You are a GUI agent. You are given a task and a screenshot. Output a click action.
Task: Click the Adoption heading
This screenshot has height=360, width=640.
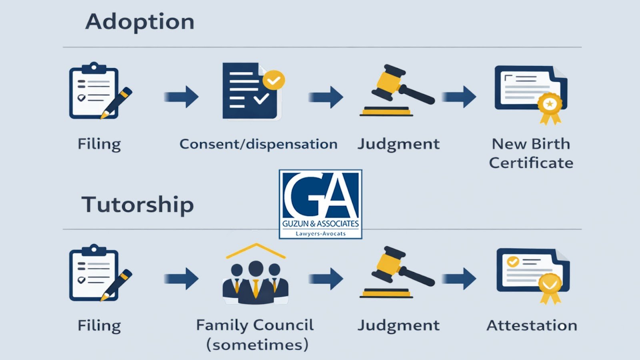pyautogui.click(x=140, y=22)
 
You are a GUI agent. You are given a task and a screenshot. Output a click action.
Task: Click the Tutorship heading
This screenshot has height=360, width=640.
pyautogui.click(x=138, y=205)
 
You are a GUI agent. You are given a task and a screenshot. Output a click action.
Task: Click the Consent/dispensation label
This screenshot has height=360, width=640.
pyautogui.click(x=258, y=144)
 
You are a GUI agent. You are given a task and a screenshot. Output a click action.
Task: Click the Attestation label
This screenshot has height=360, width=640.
pyautogui.click(x=532, y=325)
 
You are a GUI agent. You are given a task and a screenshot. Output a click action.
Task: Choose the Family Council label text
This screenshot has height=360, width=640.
pyautogui.click(x=255, y=325)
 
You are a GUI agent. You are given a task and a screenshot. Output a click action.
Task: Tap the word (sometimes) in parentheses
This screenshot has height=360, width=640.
pyautogui.click(x=257, y=344)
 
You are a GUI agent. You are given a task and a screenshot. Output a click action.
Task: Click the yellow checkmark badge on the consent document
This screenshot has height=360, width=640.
pyautogui.click(x=274, y=80)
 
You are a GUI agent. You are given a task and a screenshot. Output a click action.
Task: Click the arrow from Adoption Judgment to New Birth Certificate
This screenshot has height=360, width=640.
pyautogui.click(x=459, y=96)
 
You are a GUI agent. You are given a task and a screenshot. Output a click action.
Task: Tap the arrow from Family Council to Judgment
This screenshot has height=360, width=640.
pyautogui.click(x=326, y=278)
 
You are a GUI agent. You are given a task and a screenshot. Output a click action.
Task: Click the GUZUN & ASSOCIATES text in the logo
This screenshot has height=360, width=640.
pyautogui.click(x=320, y=224)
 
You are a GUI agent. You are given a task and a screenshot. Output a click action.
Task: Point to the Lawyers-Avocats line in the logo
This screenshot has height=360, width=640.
pyautogui.click(x=320, y=234)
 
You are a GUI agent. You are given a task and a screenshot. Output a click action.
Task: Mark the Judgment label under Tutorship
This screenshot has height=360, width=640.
pyautogui.click(x=398, y=325)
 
